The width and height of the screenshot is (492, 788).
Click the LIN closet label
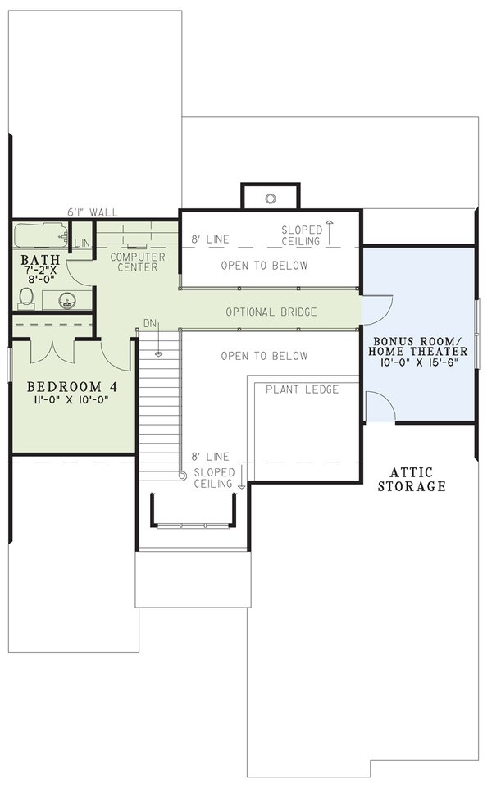click(82, 244)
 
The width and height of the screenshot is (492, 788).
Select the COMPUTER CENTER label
click(138, 262)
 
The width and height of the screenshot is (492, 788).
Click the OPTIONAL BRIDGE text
click(271, 312)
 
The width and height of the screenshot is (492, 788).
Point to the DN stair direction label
click(149, 324)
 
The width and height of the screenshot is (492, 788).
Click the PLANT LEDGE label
click(302, 389)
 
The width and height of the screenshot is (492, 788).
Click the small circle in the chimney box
click(270, 198)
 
